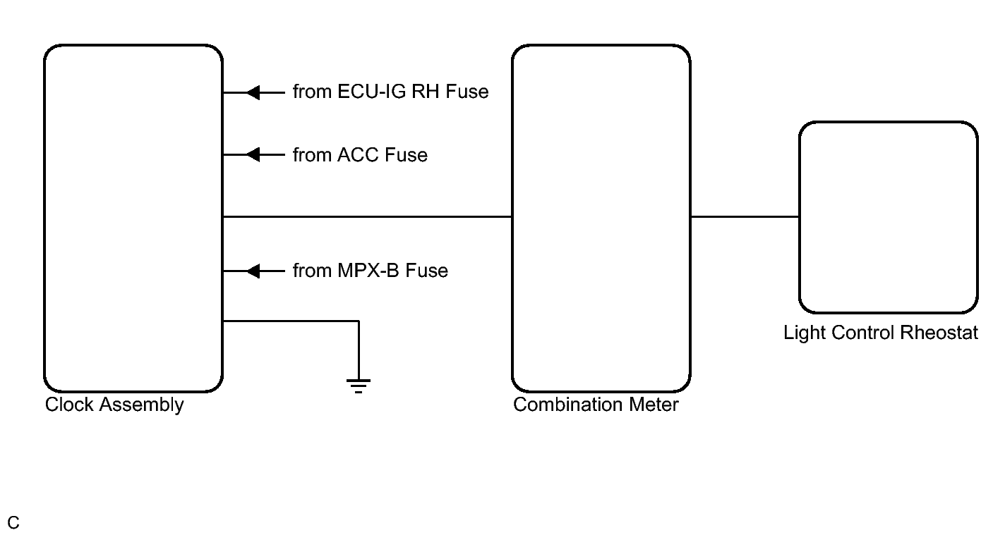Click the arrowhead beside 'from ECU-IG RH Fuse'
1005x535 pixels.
(x=253, y=93)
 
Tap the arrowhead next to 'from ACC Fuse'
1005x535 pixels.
(x=253, y=154)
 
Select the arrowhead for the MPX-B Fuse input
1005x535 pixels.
(x=253, y=271)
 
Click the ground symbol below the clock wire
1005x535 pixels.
(x=359, y=386)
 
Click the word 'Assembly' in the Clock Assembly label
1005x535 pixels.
(x=141, y=405)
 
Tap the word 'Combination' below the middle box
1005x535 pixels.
(x=568, y=405)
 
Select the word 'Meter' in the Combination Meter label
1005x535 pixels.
(x=654, y=405)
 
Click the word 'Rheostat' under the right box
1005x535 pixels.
(x=939, y=333)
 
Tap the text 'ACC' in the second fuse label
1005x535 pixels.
(x=358, y=155)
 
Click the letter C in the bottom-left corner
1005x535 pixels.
(x=13, y=523)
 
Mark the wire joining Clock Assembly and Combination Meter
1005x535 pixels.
(x=368, y=217)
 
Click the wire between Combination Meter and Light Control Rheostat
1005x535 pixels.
(x=745, y=217)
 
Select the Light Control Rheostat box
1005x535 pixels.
(x=800, y=217)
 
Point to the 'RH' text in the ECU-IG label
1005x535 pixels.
(x=425, y=92)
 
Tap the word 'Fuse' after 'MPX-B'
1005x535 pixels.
(x=426, y=271)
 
